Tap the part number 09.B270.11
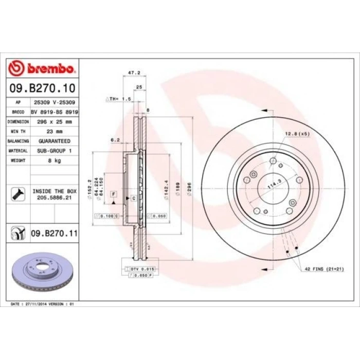[x=54, y=233]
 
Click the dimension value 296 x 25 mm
[x=54, y=122]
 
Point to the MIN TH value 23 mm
[x=54, y=131]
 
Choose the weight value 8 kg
[x=54, y=160]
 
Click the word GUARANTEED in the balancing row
[x=54, y=141]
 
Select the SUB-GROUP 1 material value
[x=54, y=151]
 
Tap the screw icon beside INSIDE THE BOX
[x=16, y=194]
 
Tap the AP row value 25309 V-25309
[x=54, y=102]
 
